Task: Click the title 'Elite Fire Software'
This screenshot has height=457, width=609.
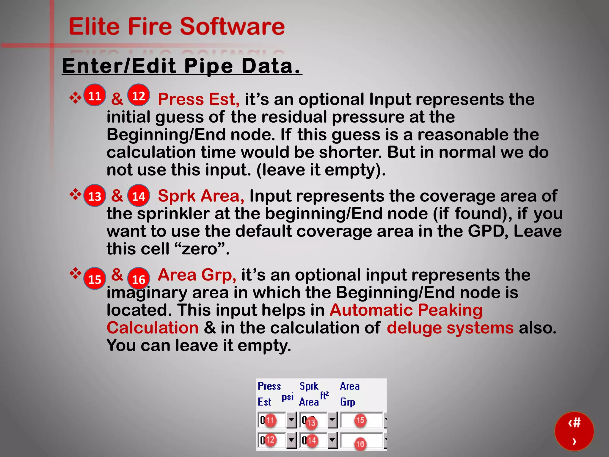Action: [177, 26]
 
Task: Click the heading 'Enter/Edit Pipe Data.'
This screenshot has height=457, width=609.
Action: [182, 66]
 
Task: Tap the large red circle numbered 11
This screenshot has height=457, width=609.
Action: [95, 96]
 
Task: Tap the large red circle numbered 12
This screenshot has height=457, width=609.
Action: [139, 96]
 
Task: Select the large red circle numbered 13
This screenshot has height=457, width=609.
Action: [95, 196]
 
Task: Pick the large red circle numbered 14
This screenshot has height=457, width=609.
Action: [139, 196]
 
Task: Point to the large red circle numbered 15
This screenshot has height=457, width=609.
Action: [95, 279]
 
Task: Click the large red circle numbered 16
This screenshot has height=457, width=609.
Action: [139, 279]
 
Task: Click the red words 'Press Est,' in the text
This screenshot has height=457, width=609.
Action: [198, 99]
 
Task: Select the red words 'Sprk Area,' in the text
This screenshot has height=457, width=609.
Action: [201, 196]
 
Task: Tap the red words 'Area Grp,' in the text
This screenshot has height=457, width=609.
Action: [197, 275]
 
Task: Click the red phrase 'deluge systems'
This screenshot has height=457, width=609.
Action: [450, 328]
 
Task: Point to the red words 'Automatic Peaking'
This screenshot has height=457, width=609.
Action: [406, 310]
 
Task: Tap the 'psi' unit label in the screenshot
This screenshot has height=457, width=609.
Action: [288, 397]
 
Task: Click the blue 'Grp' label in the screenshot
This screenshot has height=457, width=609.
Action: [347, 402]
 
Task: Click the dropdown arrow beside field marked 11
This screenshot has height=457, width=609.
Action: [291, 420]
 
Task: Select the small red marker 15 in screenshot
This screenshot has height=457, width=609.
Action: [360, 420]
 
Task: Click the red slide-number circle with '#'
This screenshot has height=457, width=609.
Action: [574, 431]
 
